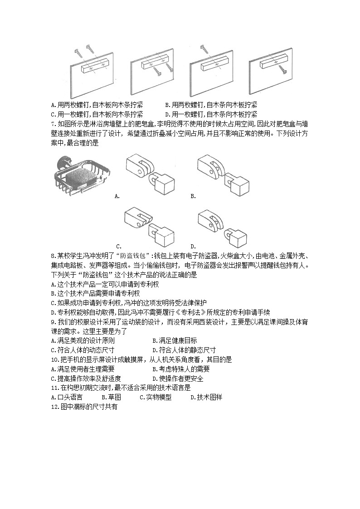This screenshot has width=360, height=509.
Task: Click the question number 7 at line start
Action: [x=54, y=124]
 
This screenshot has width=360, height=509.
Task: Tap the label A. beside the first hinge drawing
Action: [x=117, y=196]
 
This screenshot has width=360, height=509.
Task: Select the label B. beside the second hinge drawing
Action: [x=193, y=196]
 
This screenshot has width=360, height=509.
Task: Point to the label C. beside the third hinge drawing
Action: [x=118, y=246]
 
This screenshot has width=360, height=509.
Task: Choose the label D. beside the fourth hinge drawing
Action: [x=193, y=246]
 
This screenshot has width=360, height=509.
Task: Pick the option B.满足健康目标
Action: [x=175, y=340]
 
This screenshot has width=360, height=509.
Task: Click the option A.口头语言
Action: [x=67, y=398]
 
